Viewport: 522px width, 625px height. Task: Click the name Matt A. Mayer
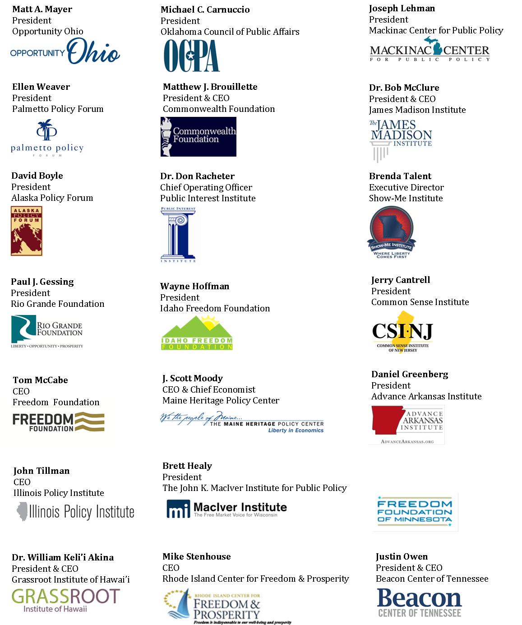(x=42, y=9)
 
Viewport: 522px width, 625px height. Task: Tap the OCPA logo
(x=192, y=56)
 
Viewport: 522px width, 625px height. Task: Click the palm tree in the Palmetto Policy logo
(x=46, y=130)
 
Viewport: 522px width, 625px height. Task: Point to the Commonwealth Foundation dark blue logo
(x=199, y=137)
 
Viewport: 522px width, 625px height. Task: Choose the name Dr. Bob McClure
(x=404, y=88)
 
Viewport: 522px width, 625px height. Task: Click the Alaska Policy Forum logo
(x=27, y=231)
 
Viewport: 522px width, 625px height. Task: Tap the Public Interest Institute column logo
(x=179, y=235)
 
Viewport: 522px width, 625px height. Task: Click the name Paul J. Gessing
(x=42, y=282)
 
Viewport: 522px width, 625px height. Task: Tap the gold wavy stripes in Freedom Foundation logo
(x=90, y=421)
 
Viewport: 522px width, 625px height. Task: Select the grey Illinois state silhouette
(x=22, y=512)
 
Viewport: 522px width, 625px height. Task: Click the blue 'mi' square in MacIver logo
(x=178, y=509)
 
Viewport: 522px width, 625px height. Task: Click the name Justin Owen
(x=402, y=557)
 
